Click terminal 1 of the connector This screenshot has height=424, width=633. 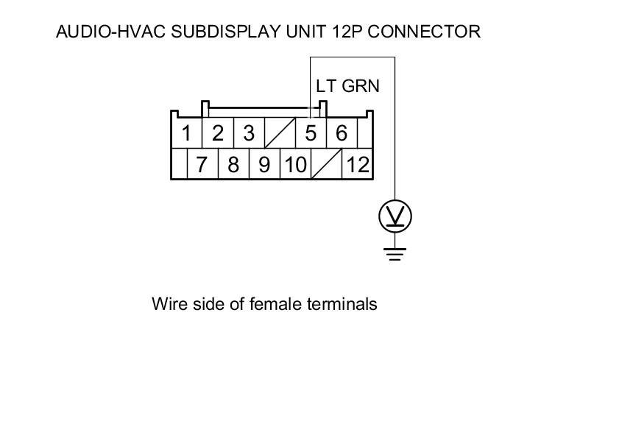(187, 134)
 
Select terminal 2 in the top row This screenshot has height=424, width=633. (218, 134)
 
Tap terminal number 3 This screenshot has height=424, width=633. (249, 134)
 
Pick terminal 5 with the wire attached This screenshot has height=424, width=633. (311, 134)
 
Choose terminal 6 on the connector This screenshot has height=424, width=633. (342, 134)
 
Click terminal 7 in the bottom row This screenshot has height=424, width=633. (202, 164)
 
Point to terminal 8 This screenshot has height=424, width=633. (233, 164)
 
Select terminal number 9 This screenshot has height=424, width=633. (264, 164)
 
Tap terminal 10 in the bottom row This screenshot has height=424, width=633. (295, 164)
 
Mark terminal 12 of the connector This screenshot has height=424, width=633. (358, 164)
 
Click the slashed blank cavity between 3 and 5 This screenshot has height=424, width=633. (280, 134)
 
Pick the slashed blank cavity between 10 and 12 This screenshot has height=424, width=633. (326, 164)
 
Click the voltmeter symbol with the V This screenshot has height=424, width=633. (395, 216)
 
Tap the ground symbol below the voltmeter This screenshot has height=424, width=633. (395, 252)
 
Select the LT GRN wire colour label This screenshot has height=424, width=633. (347, 86)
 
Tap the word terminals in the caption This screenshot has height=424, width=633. (342, 303)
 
